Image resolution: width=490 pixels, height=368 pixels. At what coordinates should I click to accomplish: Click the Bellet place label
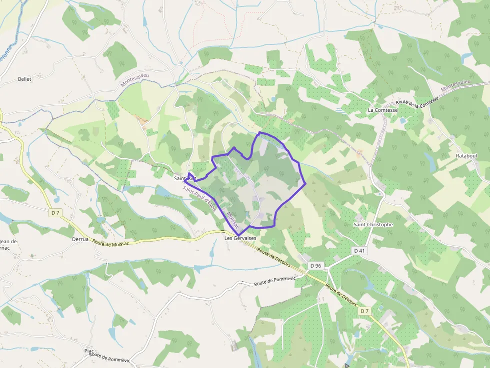click(24, 79)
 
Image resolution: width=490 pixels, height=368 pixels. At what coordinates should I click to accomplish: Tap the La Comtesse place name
click(382, 110)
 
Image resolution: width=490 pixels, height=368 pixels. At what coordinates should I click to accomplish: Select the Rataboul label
click(466, 156)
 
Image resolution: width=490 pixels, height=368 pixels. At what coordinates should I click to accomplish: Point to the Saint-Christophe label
click(373, 225)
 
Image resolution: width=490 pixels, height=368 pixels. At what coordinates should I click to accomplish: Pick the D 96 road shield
click(315, 266)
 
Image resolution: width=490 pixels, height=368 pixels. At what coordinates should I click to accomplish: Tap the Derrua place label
click(80, 239)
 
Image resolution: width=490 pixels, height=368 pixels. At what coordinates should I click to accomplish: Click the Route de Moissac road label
click(110, 243)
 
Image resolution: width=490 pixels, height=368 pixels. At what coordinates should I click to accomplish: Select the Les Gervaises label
click(240, 239)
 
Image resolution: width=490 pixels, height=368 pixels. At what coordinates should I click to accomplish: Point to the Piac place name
click(89, 351)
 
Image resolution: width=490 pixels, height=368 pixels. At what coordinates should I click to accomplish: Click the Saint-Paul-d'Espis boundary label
click(199, 199)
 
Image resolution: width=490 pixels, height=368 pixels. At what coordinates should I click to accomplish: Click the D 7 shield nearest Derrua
click(55, 213)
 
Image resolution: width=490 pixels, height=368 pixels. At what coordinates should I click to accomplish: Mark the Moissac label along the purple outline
click(233, 220)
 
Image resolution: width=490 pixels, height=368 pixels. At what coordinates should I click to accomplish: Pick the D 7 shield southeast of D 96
click(364, 311)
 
